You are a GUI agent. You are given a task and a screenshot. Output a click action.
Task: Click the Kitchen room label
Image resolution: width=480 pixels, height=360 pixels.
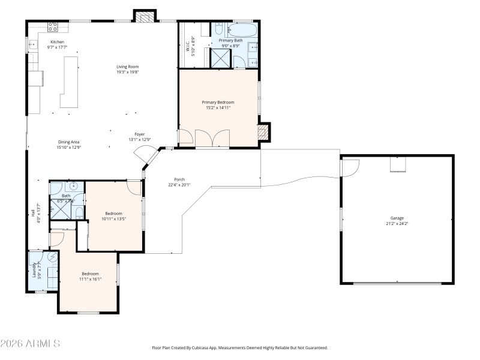click(x=57, y=42)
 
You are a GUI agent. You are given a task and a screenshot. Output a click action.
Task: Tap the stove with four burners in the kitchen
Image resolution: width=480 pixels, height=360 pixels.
click(x=52, y=26)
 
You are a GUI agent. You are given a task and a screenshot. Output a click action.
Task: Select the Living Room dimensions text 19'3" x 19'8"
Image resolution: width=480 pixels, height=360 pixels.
click(x=128, y=72)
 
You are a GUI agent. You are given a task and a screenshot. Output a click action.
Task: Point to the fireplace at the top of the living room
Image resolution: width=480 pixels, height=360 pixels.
click(x=143, y=17)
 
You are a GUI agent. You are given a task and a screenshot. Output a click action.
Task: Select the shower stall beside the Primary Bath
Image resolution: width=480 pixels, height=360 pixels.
click(x=220, y=58)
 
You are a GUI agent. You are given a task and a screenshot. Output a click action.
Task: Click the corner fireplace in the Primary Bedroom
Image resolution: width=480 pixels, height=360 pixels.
click(x=263, y=133)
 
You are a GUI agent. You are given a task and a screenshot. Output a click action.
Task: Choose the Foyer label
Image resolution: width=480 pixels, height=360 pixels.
click(x=139, y=134)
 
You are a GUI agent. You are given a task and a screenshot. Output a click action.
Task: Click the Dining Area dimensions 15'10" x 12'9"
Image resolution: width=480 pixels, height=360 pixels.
click(x=69, y=147)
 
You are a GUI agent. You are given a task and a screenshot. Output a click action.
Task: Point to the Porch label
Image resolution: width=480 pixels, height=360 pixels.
click(x=179, y=179)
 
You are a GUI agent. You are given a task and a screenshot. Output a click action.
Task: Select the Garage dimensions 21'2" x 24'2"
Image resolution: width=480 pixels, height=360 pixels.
click(x=397, y=223)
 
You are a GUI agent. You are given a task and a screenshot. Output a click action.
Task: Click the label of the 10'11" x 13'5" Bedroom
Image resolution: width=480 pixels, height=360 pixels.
click(x=113, y=214)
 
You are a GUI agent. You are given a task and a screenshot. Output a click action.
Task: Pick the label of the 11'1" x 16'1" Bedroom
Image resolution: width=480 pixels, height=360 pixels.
click(x=90, y=274)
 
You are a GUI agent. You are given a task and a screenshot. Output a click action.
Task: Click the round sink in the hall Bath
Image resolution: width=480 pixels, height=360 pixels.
click(x=56, y=187)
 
